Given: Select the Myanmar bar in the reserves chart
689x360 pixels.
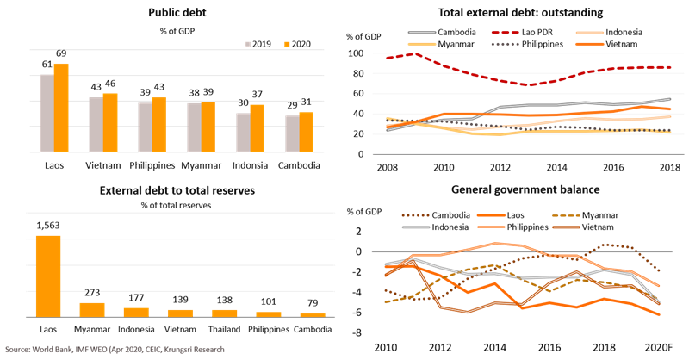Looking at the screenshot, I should pyautogui.click(x=92, y=309).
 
